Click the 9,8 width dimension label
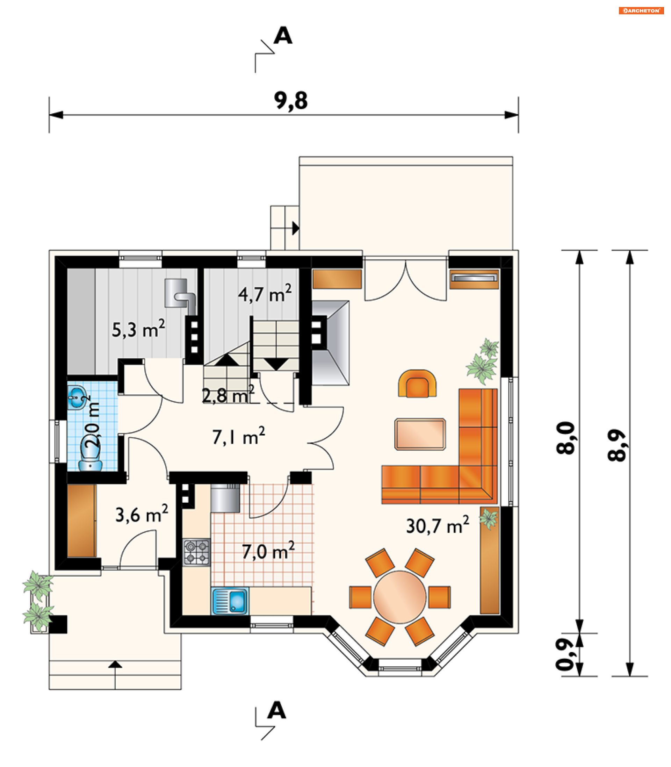[291, 100]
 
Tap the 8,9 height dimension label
[616, 445]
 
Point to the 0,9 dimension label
[565, 654]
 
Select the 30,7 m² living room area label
[437, 525]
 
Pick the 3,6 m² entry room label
[142, 514]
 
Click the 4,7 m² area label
[265, 293]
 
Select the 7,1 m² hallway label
[238, 436]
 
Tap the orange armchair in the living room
[418, 383]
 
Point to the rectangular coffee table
[420, 435]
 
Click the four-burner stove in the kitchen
[196, 552]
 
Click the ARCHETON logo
[641, 10]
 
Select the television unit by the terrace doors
[474, 279]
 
